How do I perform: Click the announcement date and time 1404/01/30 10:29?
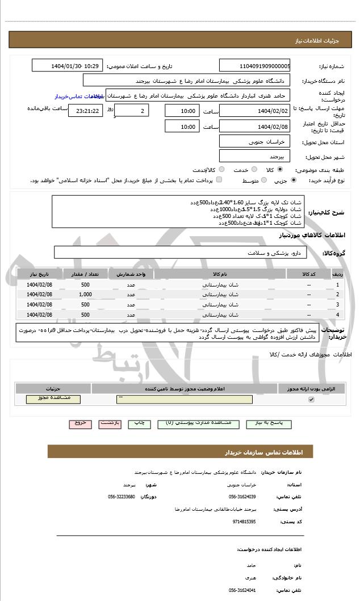click(x=68, y=66)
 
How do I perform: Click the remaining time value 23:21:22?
click(x=85, y=110)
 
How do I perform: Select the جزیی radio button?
click(x=293, y=180)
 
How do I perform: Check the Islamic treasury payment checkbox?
click(x=219, y=180)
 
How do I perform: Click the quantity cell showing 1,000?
click(x=85, y=295)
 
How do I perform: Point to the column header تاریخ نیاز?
click(x=40, y=275)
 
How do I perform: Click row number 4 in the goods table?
click(x=338, y=314)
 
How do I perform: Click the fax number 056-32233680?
click(x=122, y=497)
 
